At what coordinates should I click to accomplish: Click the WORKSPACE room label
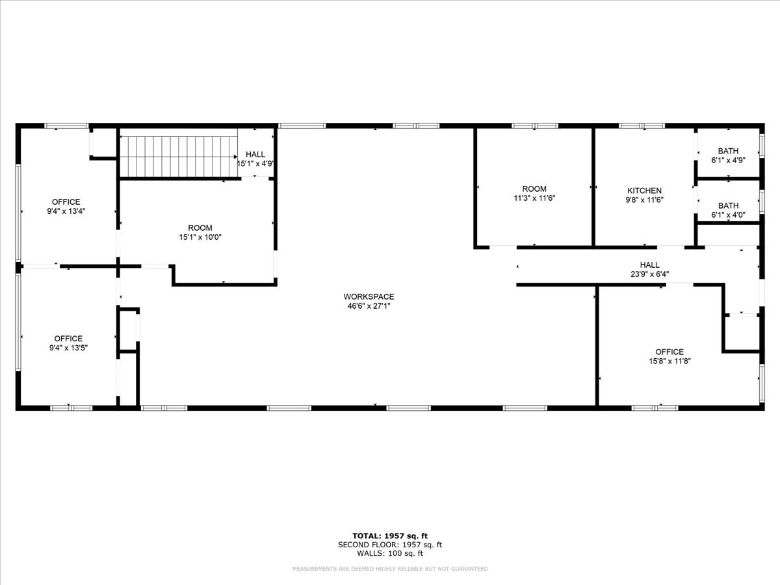pos(369,296)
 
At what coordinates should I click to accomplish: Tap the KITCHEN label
pos(643,190)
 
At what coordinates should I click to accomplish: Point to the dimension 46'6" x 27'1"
pos(369,306)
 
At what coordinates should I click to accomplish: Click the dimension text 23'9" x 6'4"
pos(649,274)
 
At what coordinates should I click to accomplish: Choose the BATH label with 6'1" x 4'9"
pos(728,151)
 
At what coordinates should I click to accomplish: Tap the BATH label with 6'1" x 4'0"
pos(728,205)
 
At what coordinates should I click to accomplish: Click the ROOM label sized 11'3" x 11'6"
pos(534,189)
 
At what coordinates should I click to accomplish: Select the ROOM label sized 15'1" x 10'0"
pos(200,227)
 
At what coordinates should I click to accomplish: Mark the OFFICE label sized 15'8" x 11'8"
pos(669,352)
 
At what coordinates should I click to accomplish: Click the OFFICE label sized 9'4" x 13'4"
pos(66,202)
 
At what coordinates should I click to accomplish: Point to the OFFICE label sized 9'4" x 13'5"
pos(68,338)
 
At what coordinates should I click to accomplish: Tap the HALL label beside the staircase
pos(255,154)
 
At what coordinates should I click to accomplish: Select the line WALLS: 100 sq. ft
pos(389,554)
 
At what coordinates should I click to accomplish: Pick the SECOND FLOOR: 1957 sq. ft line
pos(389,545)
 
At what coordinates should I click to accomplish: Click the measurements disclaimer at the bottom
pos(389,569)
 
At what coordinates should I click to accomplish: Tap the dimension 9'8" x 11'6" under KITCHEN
pos(643,200)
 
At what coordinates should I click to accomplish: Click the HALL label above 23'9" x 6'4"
pos(649,265)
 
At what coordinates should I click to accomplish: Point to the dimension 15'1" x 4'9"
pos(255,164)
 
